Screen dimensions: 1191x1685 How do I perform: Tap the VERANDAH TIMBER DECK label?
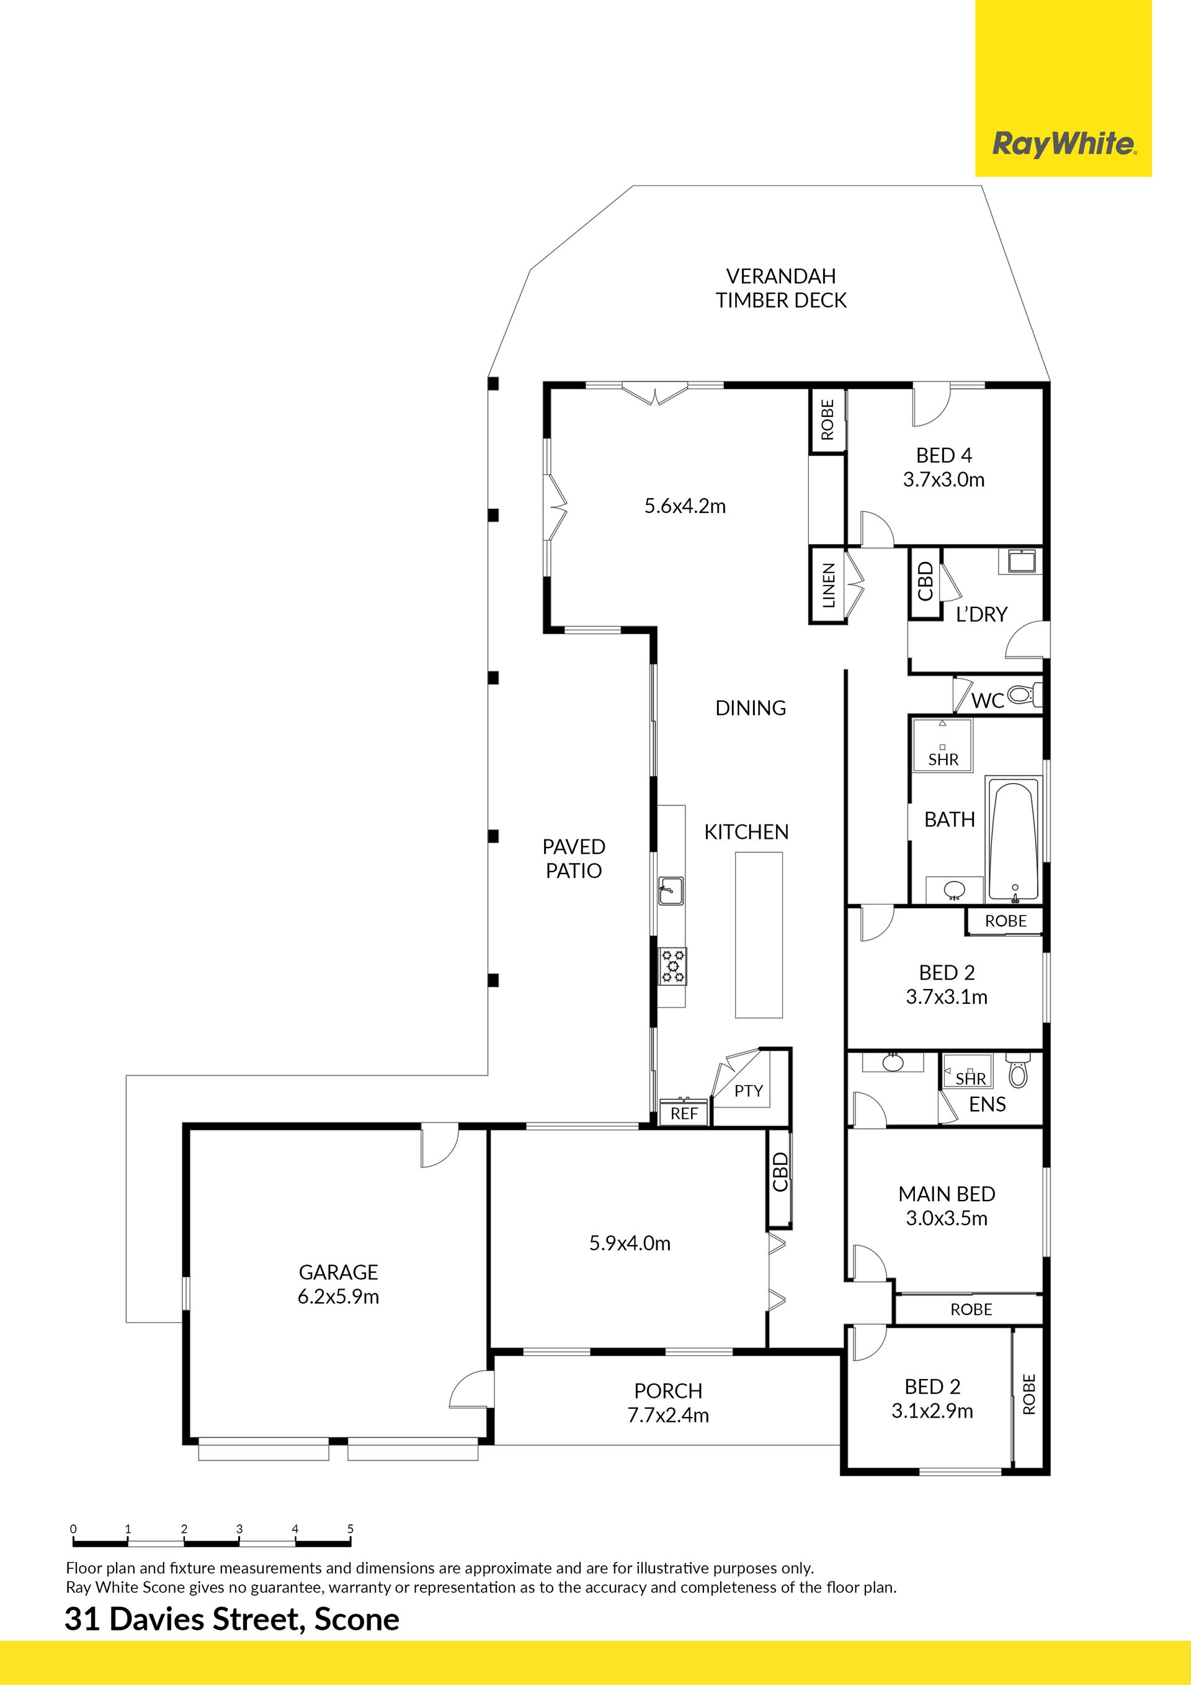[x=781, y=288]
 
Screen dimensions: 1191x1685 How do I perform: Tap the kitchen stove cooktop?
[x=672, y=966]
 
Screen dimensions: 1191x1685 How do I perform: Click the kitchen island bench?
[x=759, y=934]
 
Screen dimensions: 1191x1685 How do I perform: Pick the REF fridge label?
[x=684, y=1113]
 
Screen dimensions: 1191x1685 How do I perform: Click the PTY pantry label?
[x=749, y=1091]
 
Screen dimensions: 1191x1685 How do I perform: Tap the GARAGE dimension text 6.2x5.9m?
[x=338, y=1297]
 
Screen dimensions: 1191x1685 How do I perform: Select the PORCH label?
[x=668, y=1392]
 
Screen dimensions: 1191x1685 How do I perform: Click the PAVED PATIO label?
[x=574, y=859]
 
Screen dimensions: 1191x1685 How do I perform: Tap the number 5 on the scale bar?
[x=350, y=1529]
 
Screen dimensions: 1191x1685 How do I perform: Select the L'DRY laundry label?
[x=981, y=614]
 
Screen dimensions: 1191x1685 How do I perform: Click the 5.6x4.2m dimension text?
[x=685, y=506]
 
